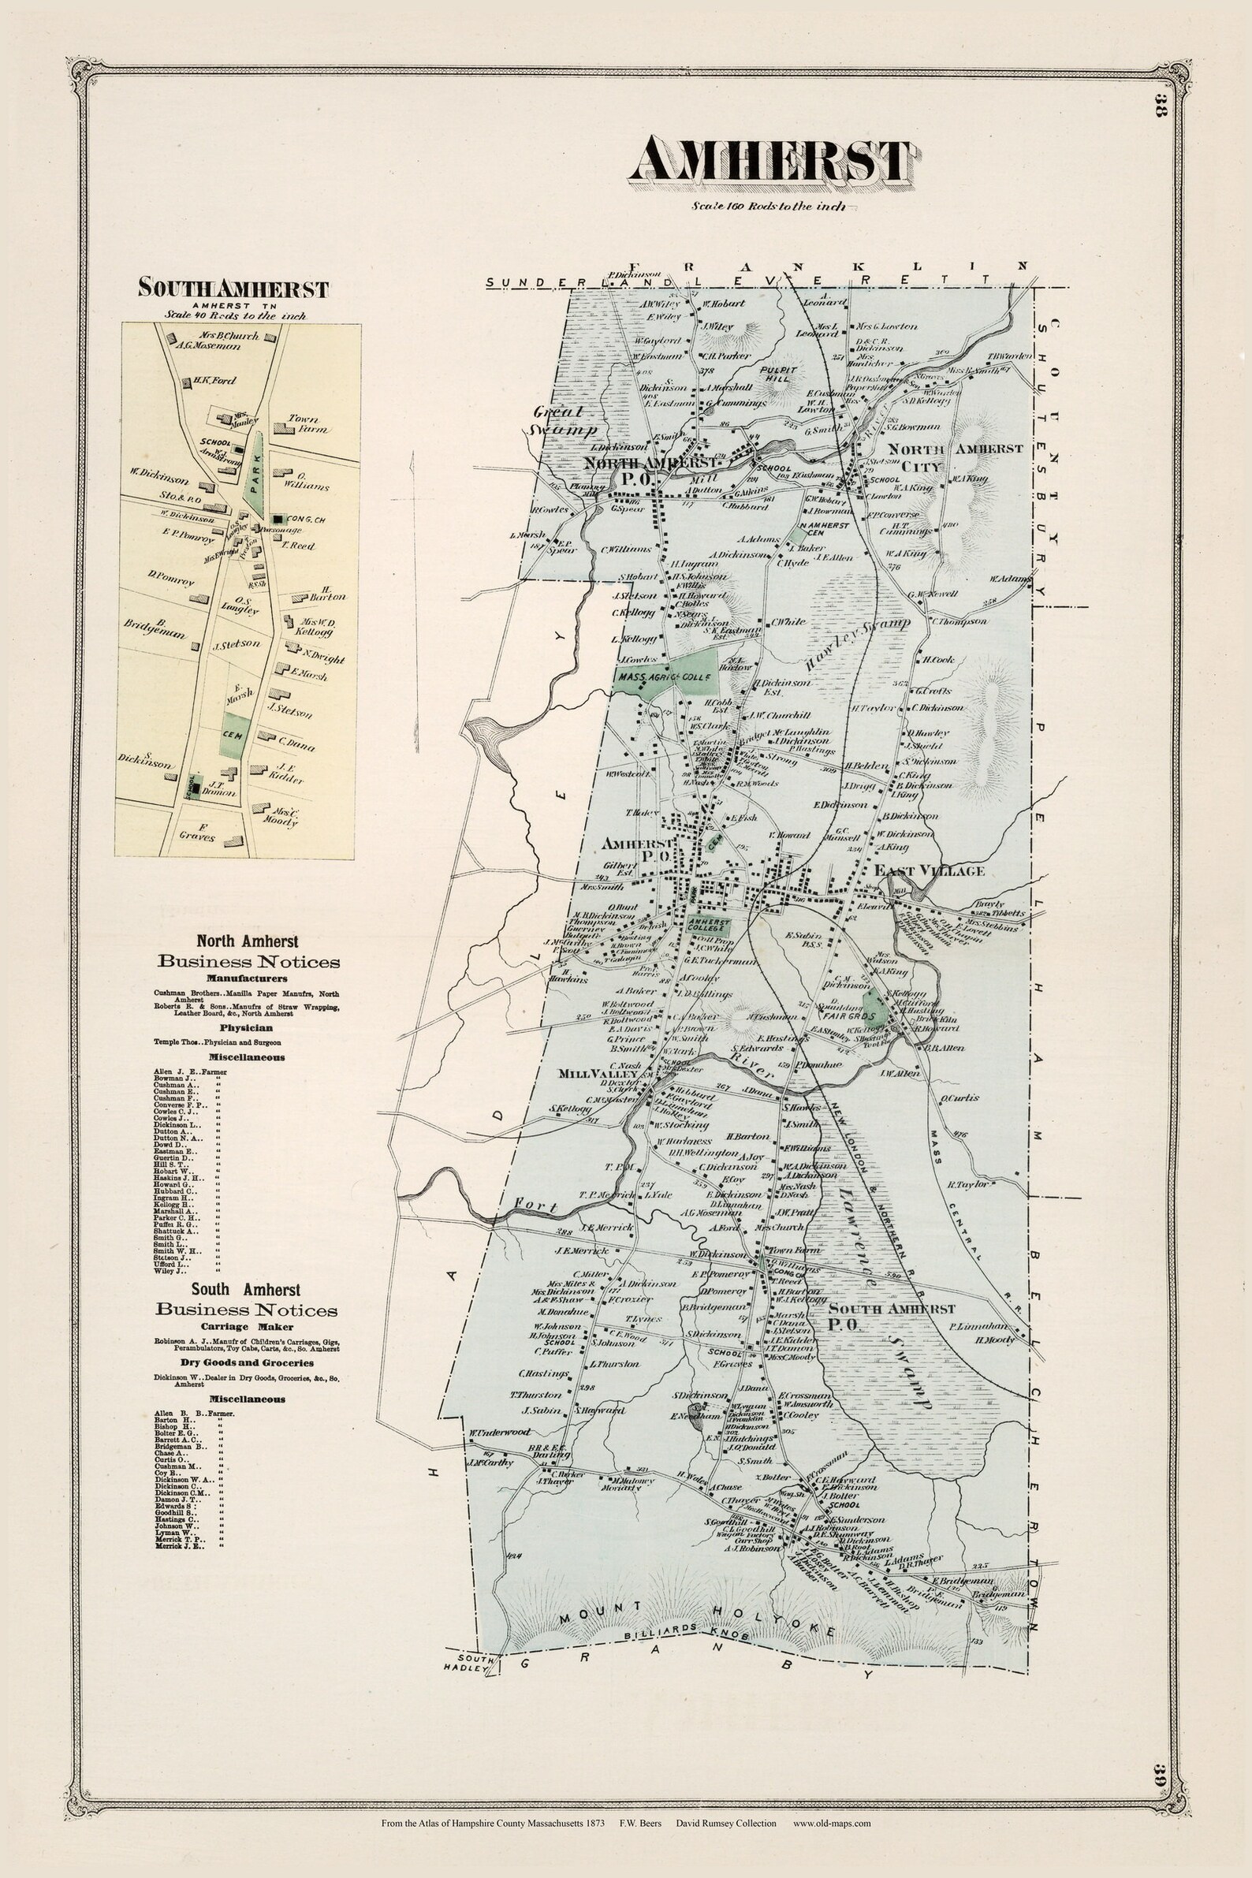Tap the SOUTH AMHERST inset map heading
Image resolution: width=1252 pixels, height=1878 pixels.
233,288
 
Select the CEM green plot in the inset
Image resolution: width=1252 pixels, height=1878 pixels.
235,734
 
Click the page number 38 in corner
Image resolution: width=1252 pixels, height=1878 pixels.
1161,106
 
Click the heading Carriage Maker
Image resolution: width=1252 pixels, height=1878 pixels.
247,1326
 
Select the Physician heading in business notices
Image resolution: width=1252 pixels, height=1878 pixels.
247,1027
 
